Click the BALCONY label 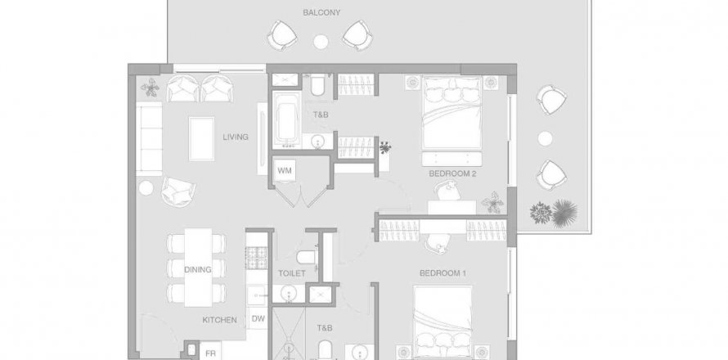pos(321,12)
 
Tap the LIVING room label pos(236,137)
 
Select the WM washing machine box pos(285,170)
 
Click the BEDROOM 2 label pos(452,173)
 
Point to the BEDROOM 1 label pos(443,273)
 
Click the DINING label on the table pos(198,269)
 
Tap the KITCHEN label pos(219,320)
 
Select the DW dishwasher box pos(258,318)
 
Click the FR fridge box pos(210,352)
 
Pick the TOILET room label pos(291,273)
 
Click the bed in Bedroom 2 pos(452,114)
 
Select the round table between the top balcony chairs pos(321,42)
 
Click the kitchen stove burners pos(257,258)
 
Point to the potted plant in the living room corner pos(150,88)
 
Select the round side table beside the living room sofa pos(146,187)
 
